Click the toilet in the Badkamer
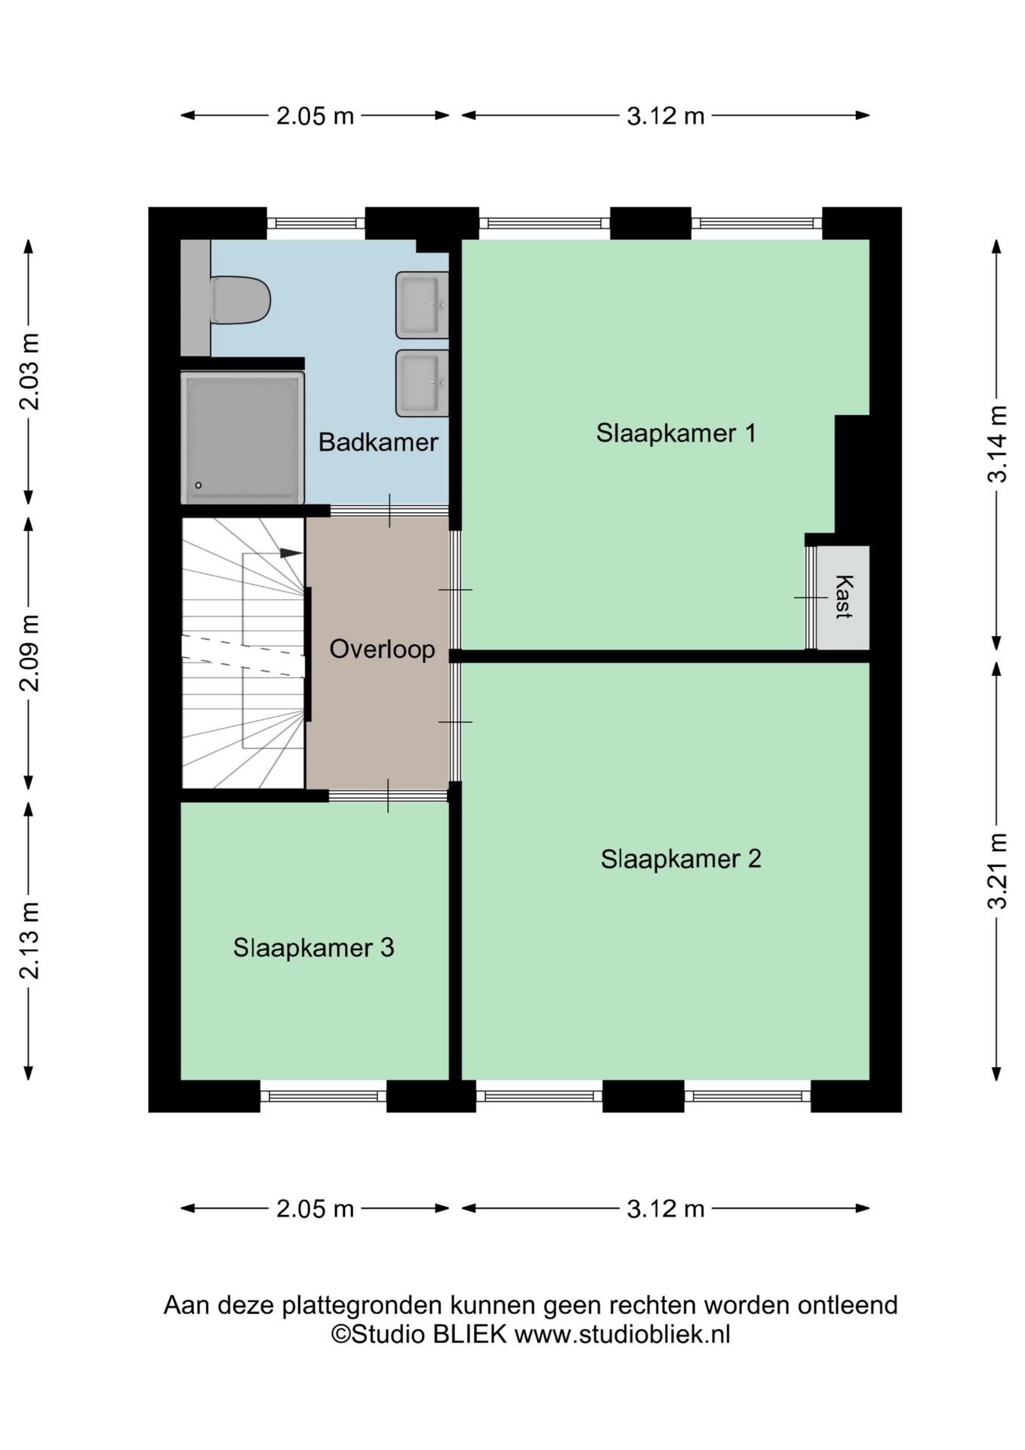[240, 300]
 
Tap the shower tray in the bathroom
[242, 437]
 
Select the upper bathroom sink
[422, 304]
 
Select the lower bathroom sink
[422, 383]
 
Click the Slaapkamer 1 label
[676, 433]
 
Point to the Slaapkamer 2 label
[681, 859]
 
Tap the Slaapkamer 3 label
[313, 947]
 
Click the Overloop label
[382, 649]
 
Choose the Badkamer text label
[378, 442]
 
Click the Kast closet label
[844, 597]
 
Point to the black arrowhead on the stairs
[291, 553]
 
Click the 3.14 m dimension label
[998, 444]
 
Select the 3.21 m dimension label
[998, 871]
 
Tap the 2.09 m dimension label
[29, 652]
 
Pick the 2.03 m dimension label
[29, 371]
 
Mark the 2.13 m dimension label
[29, 939]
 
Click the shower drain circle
[199, 485]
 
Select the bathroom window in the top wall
[316, 223]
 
